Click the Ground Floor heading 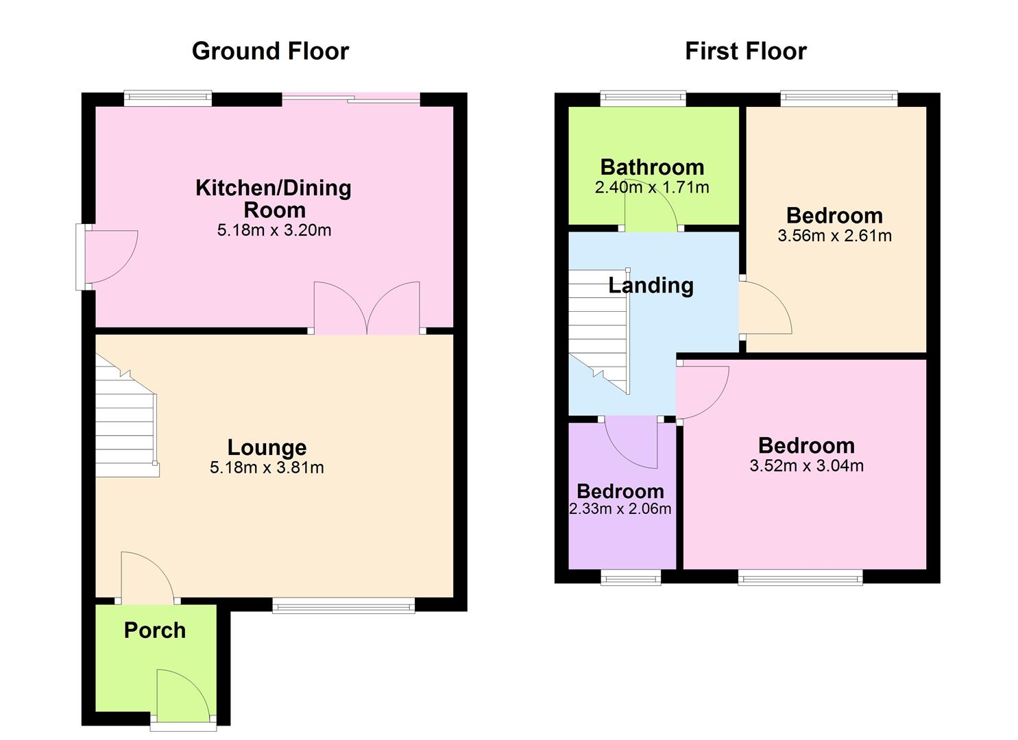tap(270, 51)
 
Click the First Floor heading tap(745, 51)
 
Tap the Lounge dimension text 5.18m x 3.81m tap(267, 468)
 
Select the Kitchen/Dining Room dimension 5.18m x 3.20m tap(274, 231)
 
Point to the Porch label tap(155, 630)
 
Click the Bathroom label tap(652, 167)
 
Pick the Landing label tap(651, 286)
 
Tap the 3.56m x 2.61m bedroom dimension tap(834, 236)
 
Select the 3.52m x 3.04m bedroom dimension tap(806, 467)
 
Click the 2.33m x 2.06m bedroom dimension tap(620, 509)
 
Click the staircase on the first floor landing tap(598, 329)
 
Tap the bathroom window tap(643, 99)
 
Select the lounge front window tap(343, 604)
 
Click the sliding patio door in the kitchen tap(351, 100)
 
